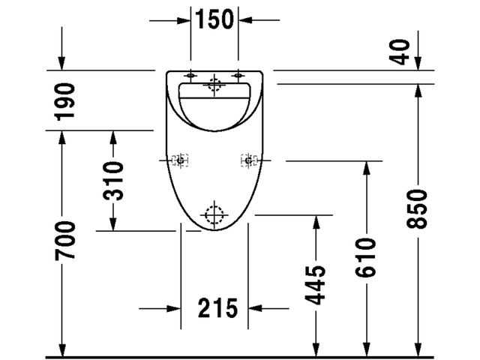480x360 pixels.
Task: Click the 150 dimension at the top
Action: [x=215, y=19]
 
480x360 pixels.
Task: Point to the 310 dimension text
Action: [x=113, y=181]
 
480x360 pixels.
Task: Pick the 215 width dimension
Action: [x=217, y=307]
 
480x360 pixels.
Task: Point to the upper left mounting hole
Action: [x=190, y=75]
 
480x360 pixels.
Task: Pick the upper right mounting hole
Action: [x=239, y=75]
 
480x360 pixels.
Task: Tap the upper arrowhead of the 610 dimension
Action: [x=365, y=166]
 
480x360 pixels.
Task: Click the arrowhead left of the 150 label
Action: [x=185, y=19]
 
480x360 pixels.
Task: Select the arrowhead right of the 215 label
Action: [x=254, y=307]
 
